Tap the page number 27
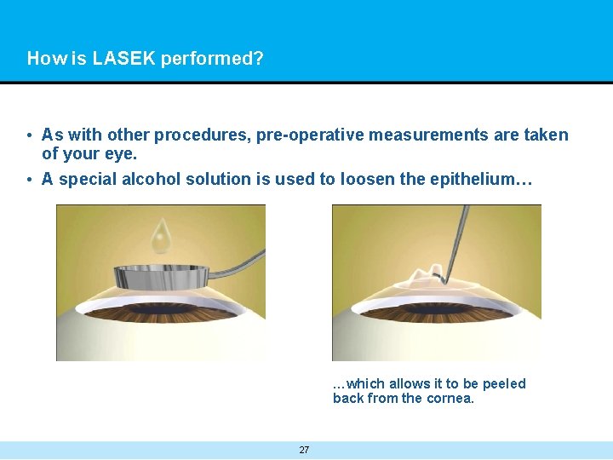304,450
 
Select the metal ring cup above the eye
162,277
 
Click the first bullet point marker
30,135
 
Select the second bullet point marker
30,180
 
